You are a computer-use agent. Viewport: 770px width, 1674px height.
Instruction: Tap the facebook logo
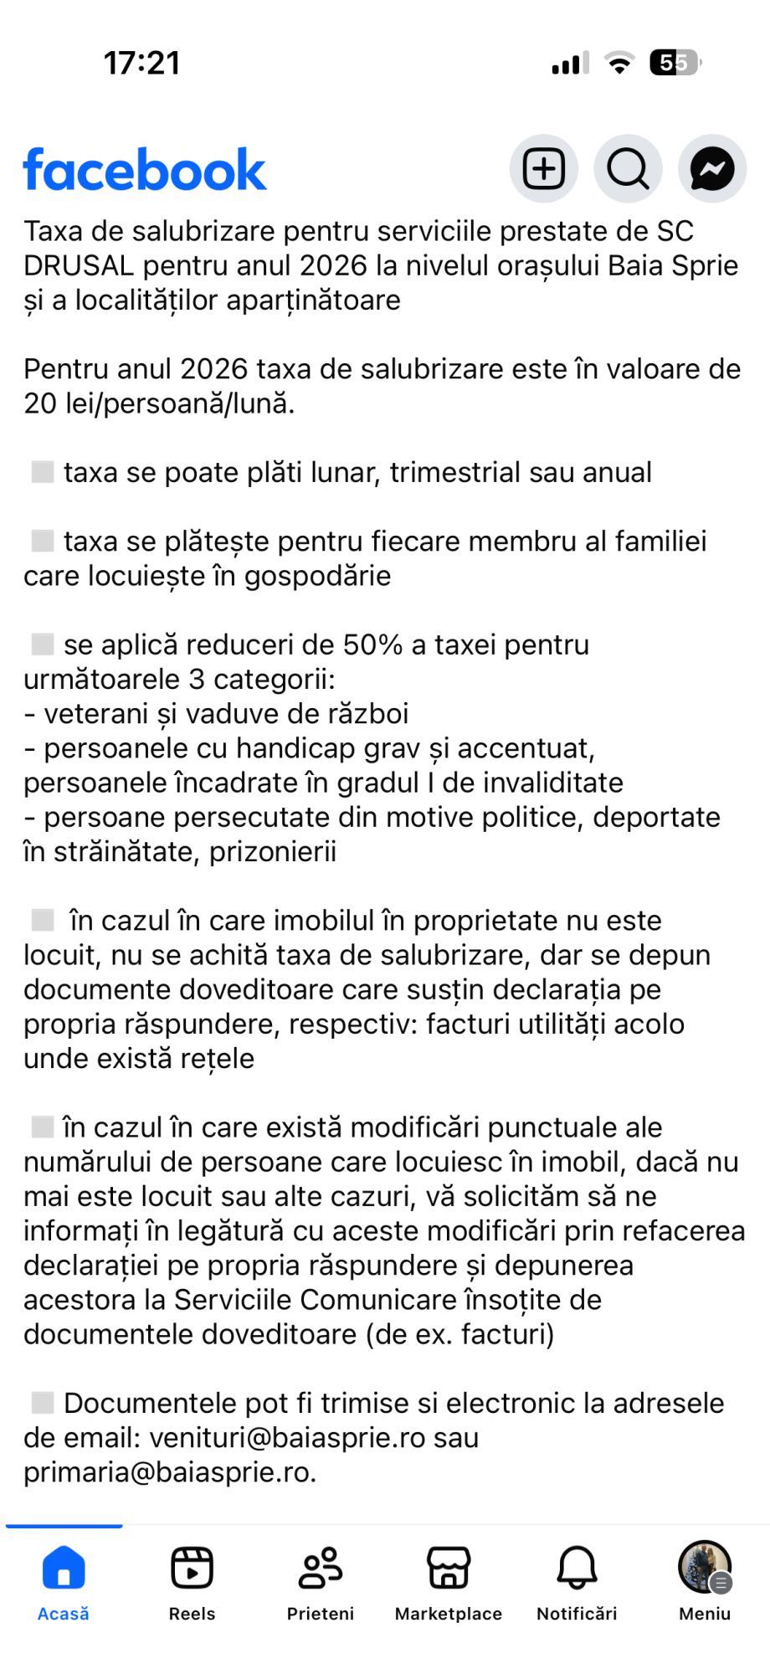click(x=145, y=170)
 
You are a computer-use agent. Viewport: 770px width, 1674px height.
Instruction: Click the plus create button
click(x=544, y=169)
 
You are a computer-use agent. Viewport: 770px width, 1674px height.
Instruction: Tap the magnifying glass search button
click(x=628, y=169)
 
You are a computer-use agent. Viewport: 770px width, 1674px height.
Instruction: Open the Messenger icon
click(x=712, y=169)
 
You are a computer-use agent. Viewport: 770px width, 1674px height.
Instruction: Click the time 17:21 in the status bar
click(x=141, y=64)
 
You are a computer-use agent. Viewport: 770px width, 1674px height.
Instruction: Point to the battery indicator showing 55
click(x=675, y=63)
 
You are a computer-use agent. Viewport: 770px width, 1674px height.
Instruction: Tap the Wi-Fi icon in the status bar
click(x=619, y=64)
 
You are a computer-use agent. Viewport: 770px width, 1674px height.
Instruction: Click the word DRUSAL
click(x=79, y=266)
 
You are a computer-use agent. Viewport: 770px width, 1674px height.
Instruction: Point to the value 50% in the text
click(x=372, y=645)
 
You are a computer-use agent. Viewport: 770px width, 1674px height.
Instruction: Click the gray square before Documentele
click(x=43, y=1403)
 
